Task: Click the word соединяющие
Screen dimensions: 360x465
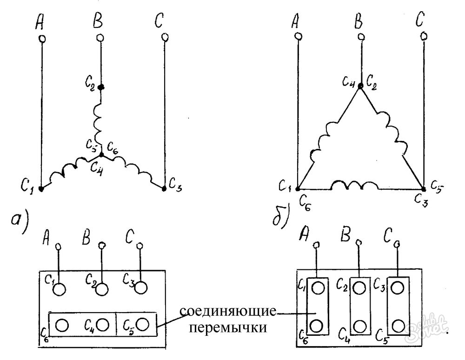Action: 227,311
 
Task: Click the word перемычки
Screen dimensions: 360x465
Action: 228,327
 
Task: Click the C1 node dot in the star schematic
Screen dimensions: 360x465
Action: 41,189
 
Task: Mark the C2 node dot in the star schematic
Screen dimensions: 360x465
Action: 100,87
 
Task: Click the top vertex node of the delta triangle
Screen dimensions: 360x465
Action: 360,86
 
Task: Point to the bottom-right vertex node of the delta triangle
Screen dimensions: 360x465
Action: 423,189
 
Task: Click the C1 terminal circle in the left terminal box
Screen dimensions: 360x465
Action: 59,289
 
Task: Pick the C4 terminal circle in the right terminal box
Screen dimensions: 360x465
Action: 359,325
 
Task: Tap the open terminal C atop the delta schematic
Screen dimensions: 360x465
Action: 423,36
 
